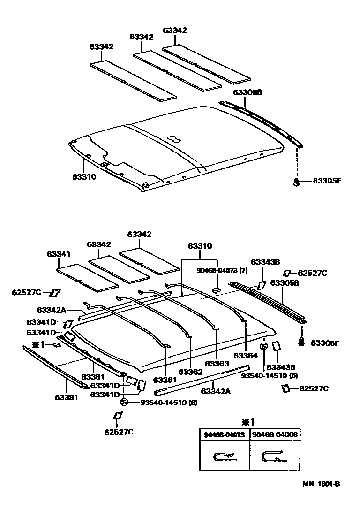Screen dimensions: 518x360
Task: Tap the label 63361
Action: [164, 379]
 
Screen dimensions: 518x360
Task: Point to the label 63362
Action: [191, 372]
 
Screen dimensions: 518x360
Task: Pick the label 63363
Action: [217, 364]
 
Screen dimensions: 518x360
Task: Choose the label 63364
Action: [246, 356]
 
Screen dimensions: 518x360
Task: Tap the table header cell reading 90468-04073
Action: [225, 434]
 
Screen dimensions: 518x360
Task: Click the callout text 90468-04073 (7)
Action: [222, 271]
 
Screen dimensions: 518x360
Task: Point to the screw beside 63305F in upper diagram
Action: [296, 181]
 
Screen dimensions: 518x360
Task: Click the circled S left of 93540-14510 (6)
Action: [124, 402]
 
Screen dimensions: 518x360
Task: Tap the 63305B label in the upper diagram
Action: [247, 92]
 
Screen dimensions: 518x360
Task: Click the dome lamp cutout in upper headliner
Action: [173, 139]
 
